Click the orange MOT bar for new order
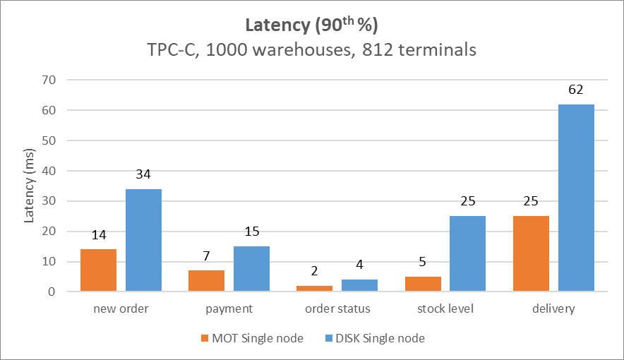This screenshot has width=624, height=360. (98, 270)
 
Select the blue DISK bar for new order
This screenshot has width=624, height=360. (143, 240)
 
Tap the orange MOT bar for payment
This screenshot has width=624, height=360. (206, 281)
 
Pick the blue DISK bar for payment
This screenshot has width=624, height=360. (251, 269)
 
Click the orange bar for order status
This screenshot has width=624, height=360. (314, 288)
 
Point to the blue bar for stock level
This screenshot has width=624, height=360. (467, 253)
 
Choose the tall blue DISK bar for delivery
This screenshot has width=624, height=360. (576, 198)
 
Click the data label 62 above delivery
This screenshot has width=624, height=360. (576, 90)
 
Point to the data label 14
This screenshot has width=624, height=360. (98, 236)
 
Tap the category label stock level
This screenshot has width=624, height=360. (445, 308)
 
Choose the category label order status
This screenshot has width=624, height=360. (337, 308)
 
